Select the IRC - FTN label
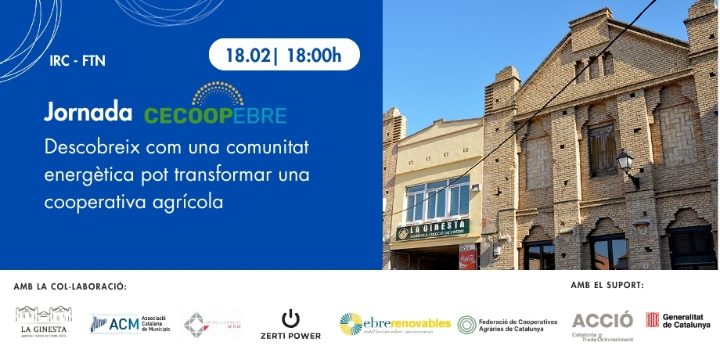click(x=77, y=61)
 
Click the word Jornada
click(x=88, y=112)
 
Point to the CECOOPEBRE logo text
click(x=214, y=114)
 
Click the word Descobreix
click(x=95, y=148)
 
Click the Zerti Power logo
click(x=290, y=324)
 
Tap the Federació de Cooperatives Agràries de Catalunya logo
click(x=505, y=324)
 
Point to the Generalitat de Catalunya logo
click(x=677, y=322)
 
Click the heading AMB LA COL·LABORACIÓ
click(x=70, y=287)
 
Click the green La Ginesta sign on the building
click(x=431, y=230)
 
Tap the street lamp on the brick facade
click(x=626, y=163)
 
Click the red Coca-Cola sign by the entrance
click(x=467, y=257)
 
